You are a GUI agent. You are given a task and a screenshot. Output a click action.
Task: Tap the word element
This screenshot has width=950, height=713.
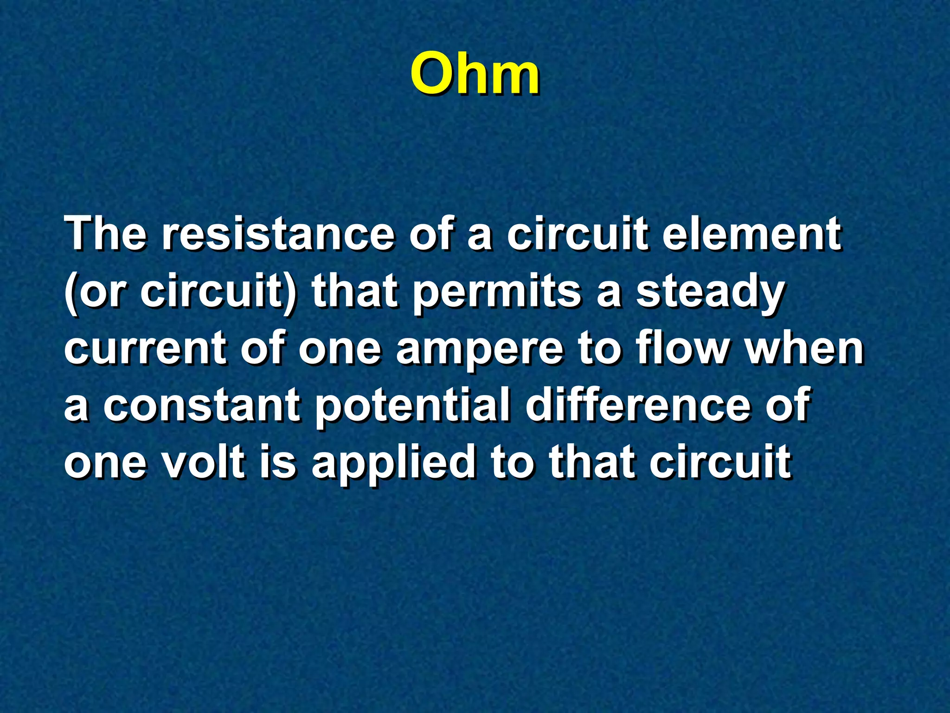coord(751,233)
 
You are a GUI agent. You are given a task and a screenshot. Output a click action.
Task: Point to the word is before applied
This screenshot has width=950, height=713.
coord(277,462)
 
